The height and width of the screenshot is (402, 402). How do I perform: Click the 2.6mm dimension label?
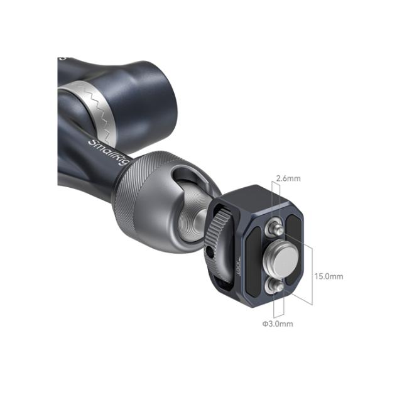pos(288,178)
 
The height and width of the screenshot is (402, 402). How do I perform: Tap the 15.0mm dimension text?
pos(329,276)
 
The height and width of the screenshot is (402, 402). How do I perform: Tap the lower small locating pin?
pos(275,286)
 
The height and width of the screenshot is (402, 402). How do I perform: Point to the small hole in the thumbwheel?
pos(209,253)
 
